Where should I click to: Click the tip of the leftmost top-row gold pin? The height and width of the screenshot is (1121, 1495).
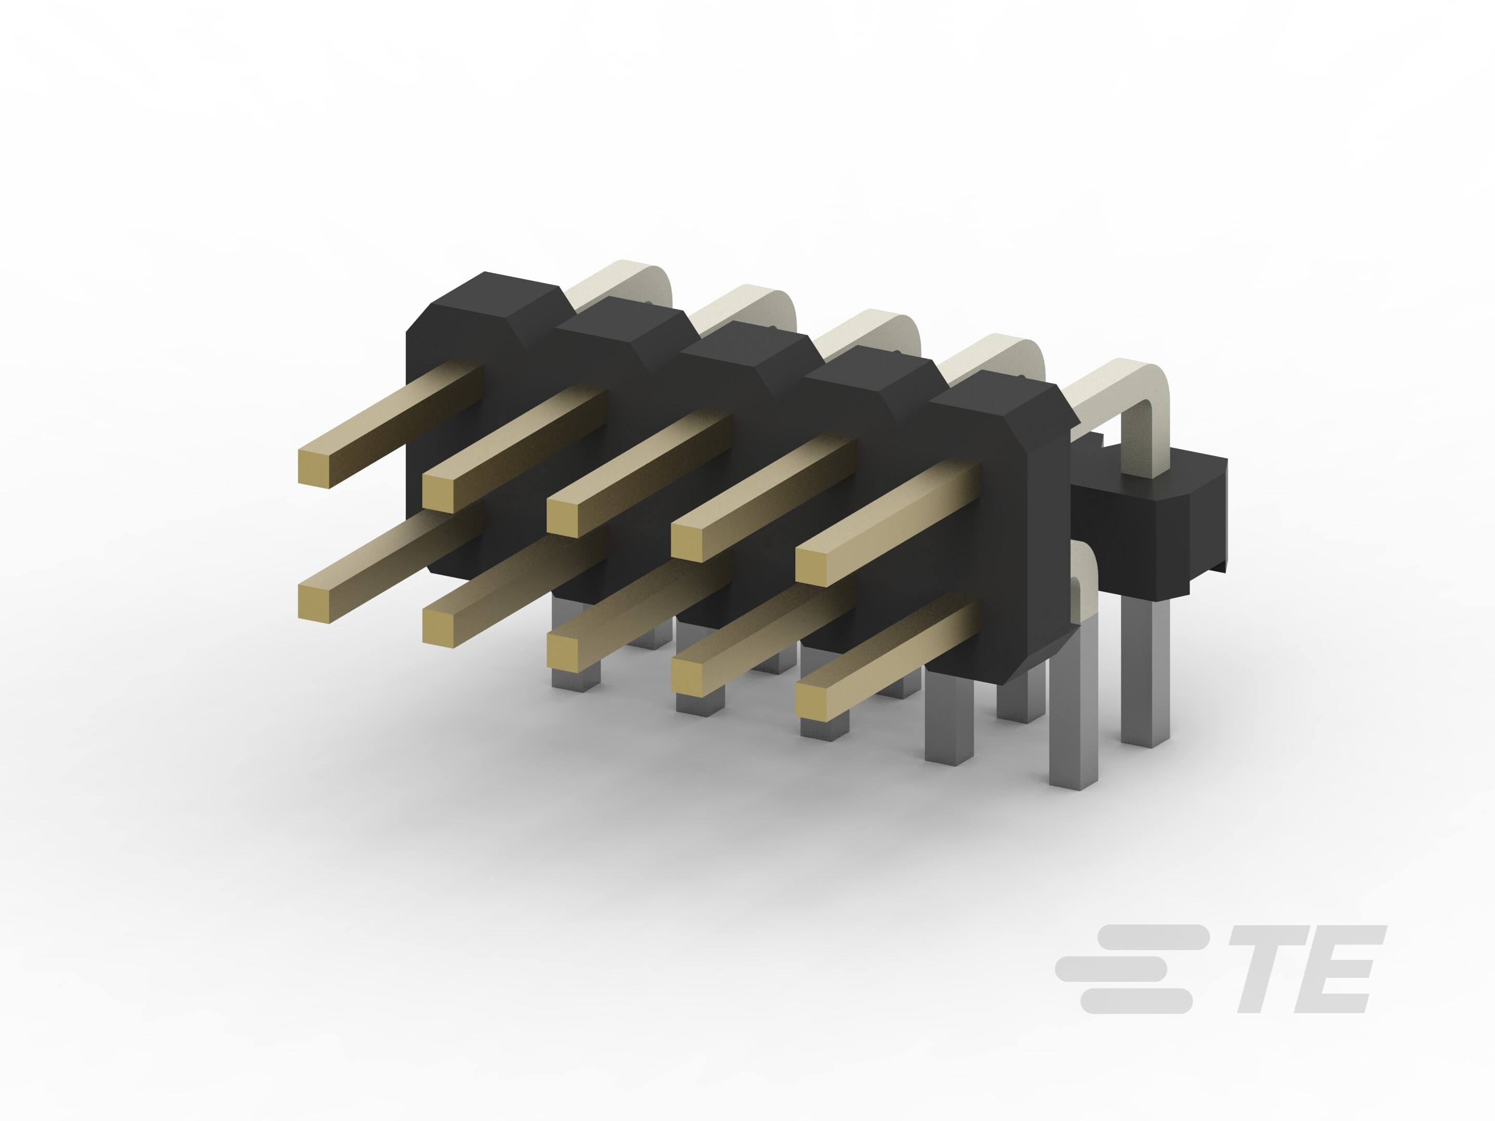point(314,468)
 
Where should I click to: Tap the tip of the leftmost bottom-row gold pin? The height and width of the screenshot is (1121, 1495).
point(314,603)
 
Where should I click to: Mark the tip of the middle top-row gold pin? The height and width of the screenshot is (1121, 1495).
point(562,517)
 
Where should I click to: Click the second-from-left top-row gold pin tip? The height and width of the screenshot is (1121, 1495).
point(438,493)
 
